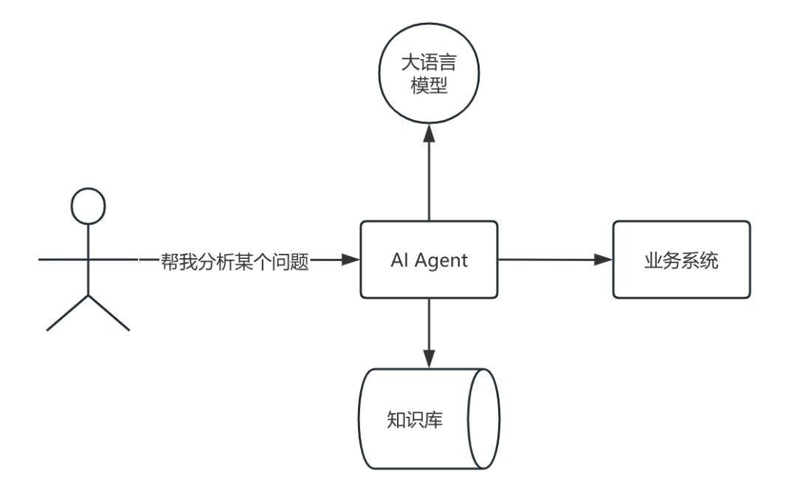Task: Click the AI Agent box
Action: tap(429, 260)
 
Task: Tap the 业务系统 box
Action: tap(681, 260)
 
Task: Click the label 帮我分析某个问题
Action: tap(234, 260)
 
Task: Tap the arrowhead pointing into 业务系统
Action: tap(604, 260)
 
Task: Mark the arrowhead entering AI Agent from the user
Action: tap(351, 260)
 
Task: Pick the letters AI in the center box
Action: tap(400, 260)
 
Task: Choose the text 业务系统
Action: tap(681, 260)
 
